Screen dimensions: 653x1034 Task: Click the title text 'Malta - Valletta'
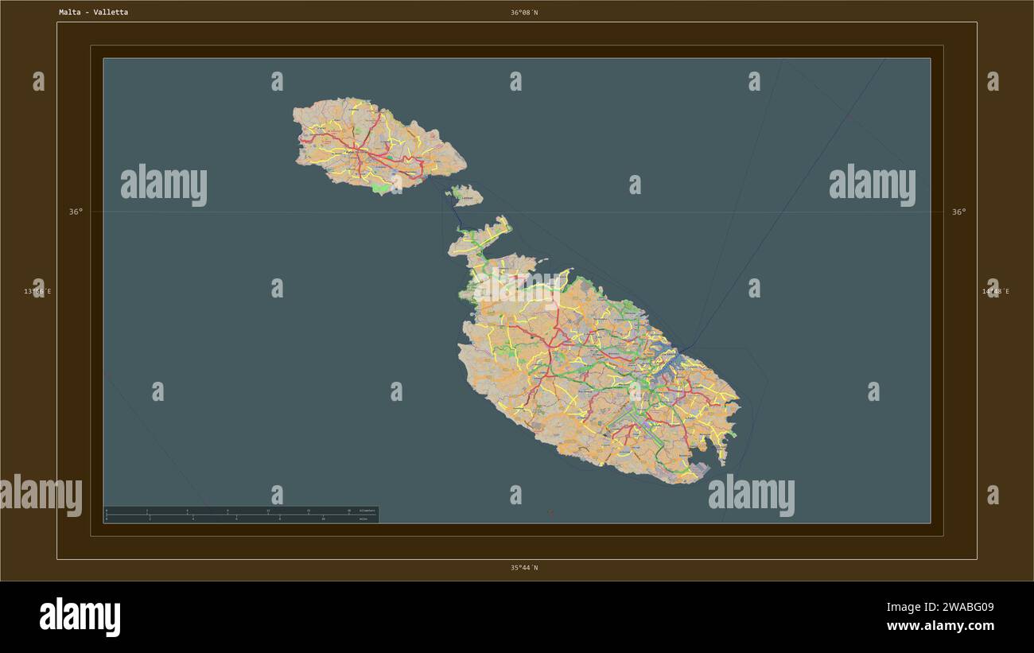[x=93, y=13]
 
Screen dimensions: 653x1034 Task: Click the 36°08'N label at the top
[x=524, y=13]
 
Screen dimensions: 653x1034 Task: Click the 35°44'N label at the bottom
[x=524, y=568]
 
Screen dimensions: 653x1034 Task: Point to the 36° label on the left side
[x=75, y=212]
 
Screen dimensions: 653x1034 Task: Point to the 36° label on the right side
[x=959, y=212]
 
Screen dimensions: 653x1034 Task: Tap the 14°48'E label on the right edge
[x=995, y=291]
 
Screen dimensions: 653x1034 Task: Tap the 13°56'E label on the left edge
[x=37, y=291]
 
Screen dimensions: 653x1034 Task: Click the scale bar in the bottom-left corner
[x=241, y=515]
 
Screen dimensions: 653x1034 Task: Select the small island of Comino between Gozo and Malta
[x=466, y=196]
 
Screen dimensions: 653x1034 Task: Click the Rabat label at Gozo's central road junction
[x=350, y=151]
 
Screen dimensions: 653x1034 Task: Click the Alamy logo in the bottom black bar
[x=80, y=616]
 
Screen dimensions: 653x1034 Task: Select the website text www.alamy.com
[x=940, y=626]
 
